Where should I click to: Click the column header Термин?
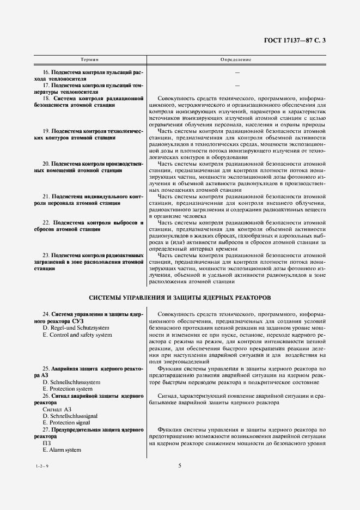pos(90,58)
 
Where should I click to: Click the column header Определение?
pos(236,58)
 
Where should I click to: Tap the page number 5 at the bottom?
pos(179,465)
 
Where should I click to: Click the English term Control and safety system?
pos(77,335)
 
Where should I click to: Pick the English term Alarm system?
pos(62,450)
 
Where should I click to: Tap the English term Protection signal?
pos(68,423)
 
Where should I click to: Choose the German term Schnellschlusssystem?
pos(71,382)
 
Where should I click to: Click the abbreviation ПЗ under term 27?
pos(46,443)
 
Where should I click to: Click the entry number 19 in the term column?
pos(46,131)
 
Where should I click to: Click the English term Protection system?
pos(68,389)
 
